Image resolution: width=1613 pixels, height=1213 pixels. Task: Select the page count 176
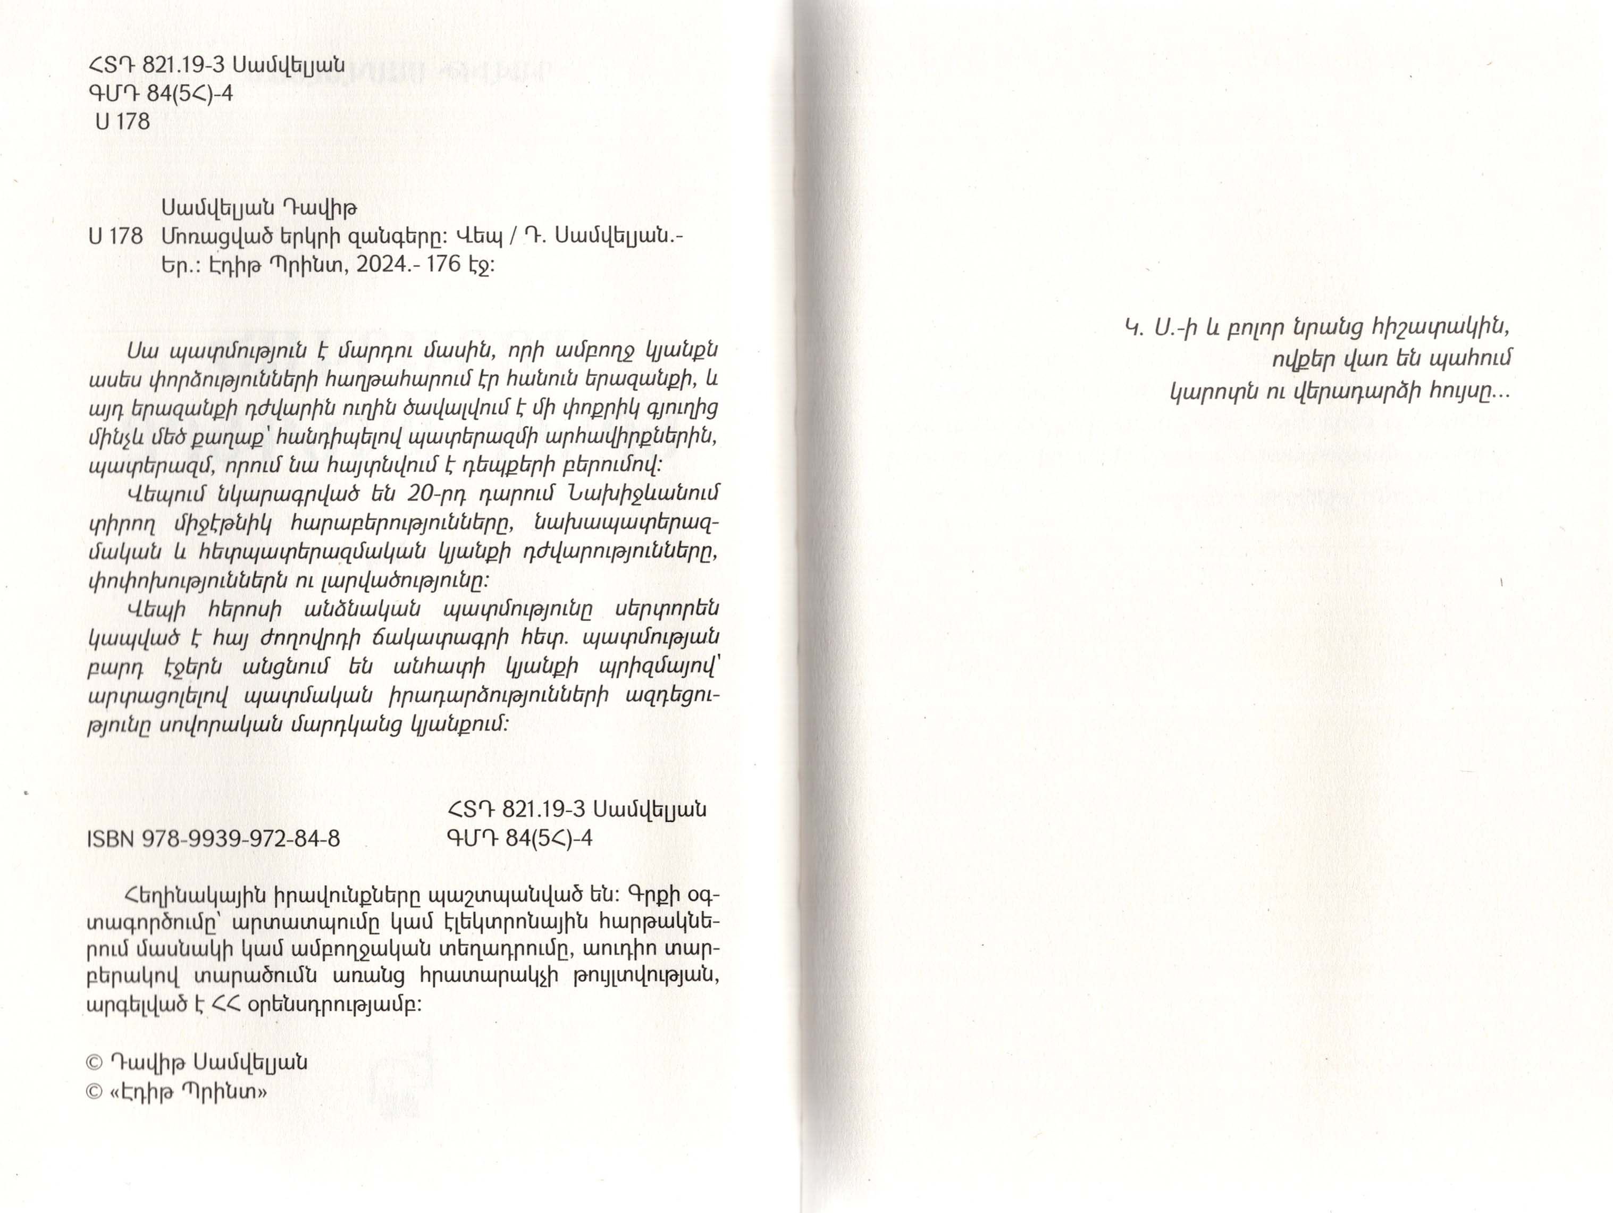444,265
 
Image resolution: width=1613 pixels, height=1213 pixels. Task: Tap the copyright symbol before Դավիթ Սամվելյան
94,1063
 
